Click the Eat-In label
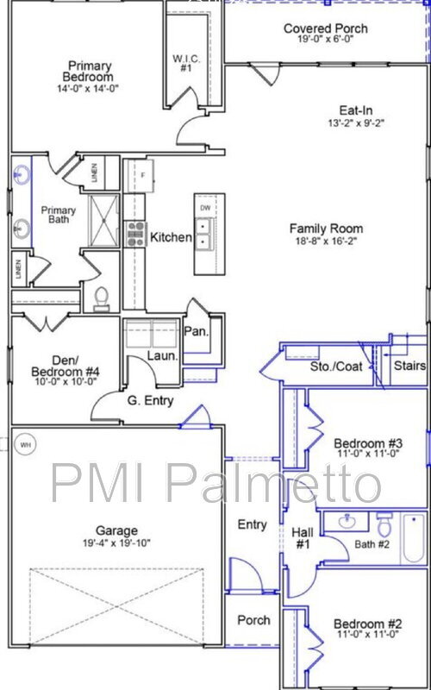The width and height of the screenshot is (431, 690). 354,110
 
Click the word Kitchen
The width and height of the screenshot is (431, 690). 171,237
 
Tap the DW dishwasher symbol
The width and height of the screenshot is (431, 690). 204,209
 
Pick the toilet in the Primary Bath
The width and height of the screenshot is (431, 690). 101,298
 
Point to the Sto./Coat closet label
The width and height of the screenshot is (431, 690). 335,367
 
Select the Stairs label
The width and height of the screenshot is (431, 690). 409,367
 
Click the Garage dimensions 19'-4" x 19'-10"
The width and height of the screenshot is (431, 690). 116,545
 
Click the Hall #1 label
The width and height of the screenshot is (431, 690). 303,539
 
